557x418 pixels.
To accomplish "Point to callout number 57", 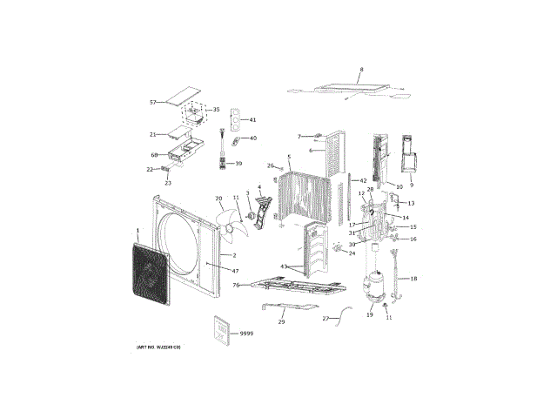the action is click(x=152, y=103).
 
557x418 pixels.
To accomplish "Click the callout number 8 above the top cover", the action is click(x=362, y=69).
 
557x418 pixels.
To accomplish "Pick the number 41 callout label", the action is click(x=252, y=120).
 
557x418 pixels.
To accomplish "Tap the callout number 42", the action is click(x=363, y=180).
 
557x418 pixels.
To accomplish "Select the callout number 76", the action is click(x=235, y=285).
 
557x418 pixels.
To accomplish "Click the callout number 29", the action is click(x=281, y=322).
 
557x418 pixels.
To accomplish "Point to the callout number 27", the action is click(x=325, y=320).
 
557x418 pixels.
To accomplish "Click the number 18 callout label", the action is click(x=413, y=279).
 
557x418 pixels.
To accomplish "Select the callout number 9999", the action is click(x=246, y=334).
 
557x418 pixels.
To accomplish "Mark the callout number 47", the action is click(x=235, y=271).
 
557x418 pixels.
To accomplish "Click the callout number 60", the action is click(x=153, y=155).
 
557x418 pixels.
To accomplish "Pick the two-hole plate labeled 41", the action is click(x=235, y=119).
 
